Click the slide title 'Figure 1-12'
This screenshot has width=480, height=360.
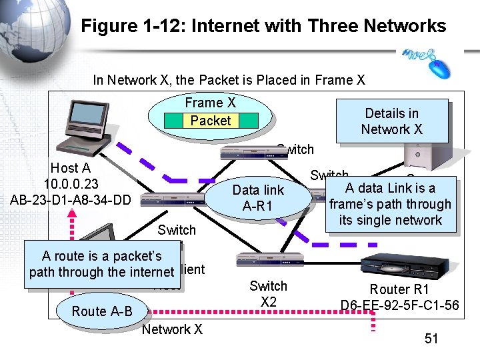tap(263, 26)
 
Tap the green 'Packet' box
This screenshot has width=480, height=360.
tap(211, 121)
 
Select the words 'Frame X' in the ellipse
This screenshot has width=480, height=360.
tap(211, 103)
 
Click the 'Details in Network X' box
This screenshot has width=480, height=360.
tap(392, 121)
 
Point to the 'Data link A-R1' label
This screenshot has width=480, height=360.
tap(258, 198)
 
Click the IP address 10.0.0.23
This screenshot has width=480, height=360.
tap(71, 183)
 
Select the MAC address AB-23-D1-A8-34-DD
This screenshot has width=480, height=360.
tap(71, 198)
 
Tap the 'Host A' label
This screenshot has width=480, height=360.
tap(70, 169)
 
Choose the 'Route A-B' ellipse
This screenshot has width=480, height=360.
tap(102, 311)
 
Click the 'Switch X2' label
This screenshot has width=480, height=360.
tap(268, 294)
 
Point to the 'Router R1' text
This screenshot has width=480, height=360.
tap(399, 289)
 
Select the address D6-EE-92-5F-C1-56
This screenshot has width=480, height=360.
tap(399, 305)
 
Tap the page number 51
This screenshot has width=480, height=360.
tap(431, 339)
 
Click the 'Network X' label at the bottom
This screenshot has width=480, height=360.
tap(172, 329)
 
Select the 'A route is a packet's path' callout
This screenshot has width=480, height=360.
tap(101, 264)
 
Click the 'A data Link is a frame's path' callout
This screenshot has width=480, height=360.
tap(390, 204)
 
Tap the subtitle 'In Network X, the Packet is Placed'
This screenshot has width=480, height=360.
tap(229, 80)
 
